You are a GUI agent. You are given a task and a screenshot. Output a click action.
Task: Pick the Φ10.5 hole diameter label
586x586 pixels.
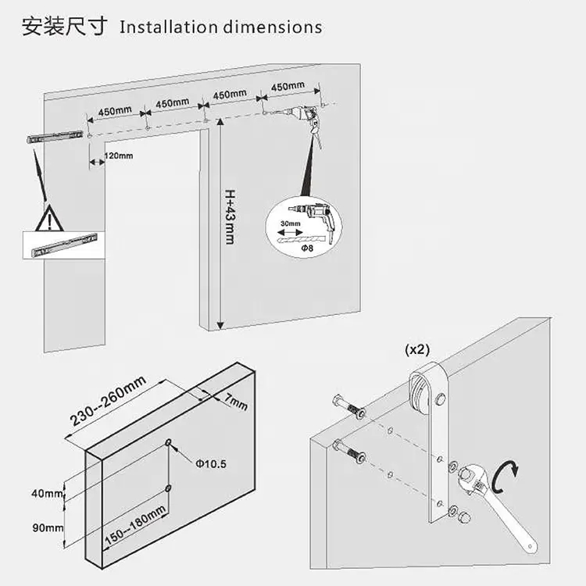click(x=210, y=463)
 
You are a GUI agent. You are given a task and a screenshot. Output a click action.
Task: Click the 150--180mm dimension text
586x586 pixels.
click(x=136, y=526)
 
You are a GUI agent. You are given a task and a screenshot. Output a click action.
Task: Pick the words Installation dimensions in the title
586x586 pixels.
click(x=220, y=27)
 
